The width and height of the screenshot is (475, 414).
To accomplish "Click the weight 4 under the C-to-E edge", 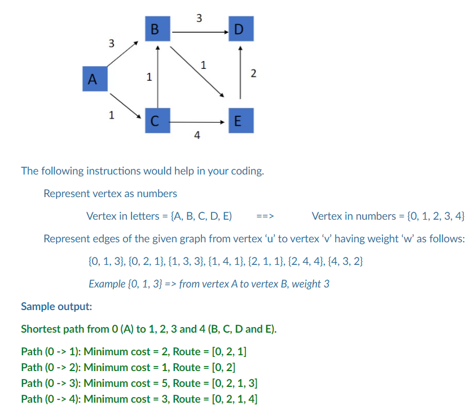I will pos(196,135).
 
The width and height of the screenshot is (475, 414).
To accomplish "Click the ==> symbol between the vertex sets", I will pos(264,216).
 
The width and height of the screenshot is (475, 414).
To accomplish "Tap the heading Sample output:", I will pos(56,307).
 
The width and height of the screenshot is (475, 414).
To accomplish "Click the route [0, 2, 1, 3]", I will pos(232,384).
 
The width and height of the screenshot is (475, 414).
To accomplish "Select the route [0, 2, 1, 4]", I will pos(232,399).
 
